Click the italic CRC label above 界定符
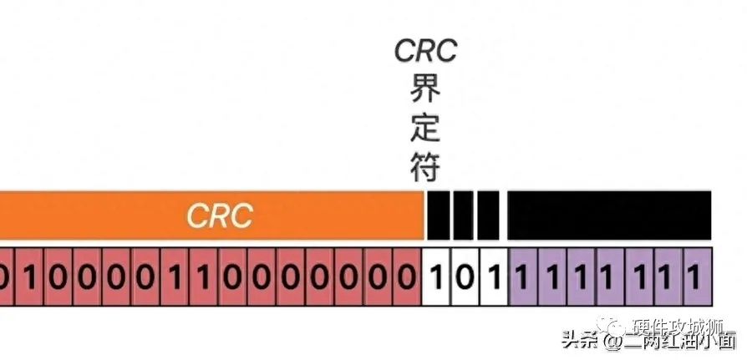click(426, 50)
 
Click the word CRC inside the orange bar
click(219, 215)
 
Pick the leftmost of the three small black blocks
click(438, 215)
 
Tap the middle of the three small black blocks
click(464, 215)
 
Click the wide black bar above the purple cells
click(609, 215)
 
